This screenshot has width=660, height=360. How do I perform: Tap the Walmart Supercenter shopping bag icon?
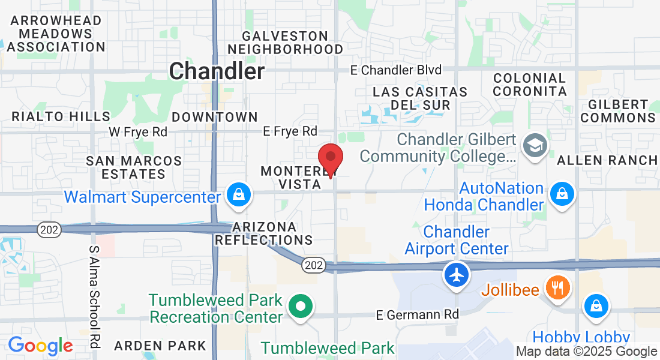click(x=239, y=194)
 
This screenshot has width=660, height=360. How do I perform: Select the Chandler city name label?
click(x=217, y=71)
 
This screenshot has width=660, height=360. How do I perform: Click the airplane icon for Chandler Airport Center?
click(x=457, y=275)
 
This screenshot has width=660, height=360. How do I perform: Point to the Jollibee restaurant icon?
click(x=558, y=288)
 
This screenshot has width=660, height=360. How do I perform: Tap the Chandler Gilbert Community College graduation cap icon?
click(x=533, y=145)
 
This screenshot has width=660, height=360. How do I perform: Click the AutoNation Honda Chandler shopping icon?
click(x=563, y=194)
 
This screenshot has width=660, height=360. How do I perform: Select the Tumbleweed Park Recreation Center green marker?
click(x=301, y=306)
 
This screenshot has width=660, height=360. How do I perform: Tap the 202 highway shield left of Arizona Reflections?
click(x=47, y=229)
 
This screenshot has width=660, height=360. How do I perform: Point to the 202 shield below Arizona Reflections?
click(x=313, y=265)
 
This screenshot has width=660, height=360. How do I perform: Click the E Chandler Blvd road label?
click(x=396, y=70)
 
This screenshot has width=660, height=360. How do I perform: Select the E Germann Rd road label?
click(x=418, y=314)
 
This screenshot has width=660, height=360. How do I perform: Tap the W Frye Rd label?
click(x=137, y=131)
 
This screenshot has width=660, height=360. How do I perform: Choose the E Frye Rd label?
click(x=290, y=131)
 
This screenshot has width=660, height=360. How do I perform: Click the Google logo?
click(x=40, y=346)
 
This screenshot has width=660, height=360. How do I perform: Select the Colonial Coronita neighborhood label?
click(x=530, y=85)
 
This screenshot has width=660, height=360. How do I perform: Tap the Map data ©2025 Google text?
click(x=587, y=352)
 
